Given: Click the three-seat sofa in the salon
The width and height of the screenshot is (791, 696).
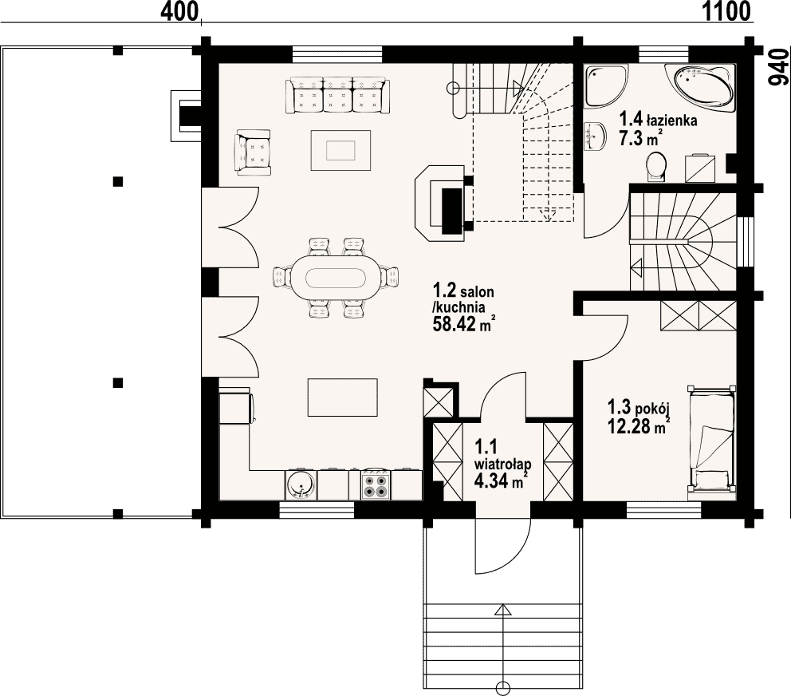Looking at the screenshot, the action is tap(337, 95).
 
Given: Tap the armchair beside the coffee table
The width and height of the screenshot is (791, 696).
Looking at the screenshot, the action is tap(253, 152).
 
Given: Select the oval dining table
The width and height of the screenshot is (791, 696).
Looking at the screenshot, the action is tap(336, 277).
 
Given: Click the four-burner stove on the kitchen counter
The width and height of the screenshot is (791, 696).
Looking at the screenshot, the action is tap(376, 484).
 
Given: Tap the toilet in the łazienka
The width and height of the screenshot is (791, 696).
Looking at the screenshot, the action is tap(656, 166).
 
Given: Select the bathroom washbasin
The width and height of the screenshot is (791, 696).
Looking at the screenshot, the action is tap(596, 136).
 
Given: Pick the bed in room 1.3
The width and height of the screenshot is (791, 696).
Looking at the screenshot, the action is tap(711, 439).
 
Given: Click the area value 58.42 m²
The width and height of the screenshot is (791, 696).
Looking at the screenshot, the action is tap(462, 324).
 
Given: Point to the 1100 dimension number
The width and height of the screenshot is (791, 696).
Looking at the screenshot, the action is tap(726, 11).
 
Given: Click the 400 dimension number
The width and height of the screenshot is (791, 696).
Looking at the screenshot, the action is tap(179, 11).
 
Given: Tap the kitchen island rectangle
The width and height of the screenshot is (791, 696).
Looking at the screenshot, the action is tap(343, 397).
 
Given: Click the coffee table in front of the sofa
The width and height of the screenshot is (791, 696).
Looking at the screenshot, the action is tap(341, 151).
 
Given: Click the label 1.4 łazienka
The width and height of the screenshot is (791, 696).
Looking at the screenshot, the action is tap(659, 121).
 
